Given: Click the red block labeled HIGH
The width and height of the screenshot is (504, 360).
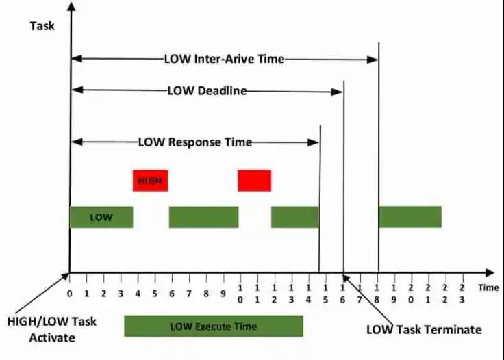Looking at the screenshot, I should point(150,180).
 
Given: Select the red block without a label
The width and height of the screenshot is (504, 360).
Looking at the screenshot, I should point(254,180).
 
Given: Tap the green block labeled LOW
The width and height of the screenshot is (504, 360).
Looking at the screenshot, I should point(101,217).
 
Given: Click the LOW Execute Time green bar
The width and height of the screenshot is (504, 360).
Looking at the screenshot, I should point(213,326).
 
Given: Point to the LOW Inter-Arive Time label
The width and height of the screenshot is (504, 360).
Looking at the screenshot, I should point(224,59).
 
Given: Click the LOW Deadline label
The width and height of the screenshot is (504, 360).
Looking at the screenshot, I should point(207,90).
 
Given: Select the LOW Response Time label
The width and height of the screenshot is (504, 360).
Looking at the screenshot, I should point(195,142).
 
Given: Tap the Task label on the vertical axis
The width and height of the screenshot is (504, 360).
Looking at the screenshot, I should point(42,26).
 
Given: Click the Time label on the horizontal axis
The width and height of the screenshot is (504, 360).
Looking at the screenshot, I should point(488,287).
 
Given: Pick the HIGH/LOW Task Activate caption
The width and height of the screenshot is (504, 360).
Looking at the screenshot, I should point(51,329).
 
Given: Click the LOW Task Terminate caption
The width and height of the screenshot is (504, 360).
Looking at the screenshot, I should point(424,329).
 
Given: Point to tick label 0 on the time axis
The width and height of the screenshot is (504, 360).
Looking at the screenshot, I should point(70,293).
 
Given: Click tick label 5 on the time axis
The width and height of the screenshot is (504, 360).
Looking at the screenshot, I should point(155,293).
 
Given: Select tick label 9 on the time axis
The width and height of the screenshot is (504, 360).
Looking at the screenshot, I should point(223,293).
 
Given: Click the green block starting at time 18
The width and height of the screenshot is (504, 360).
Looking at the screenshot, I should point(409,217).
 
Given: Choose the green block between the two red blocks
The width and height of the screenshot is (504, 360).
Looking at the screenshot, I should point(203,217).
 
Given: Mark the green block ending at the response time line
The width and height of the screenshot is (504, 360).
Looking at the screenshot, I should point(294,217).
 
